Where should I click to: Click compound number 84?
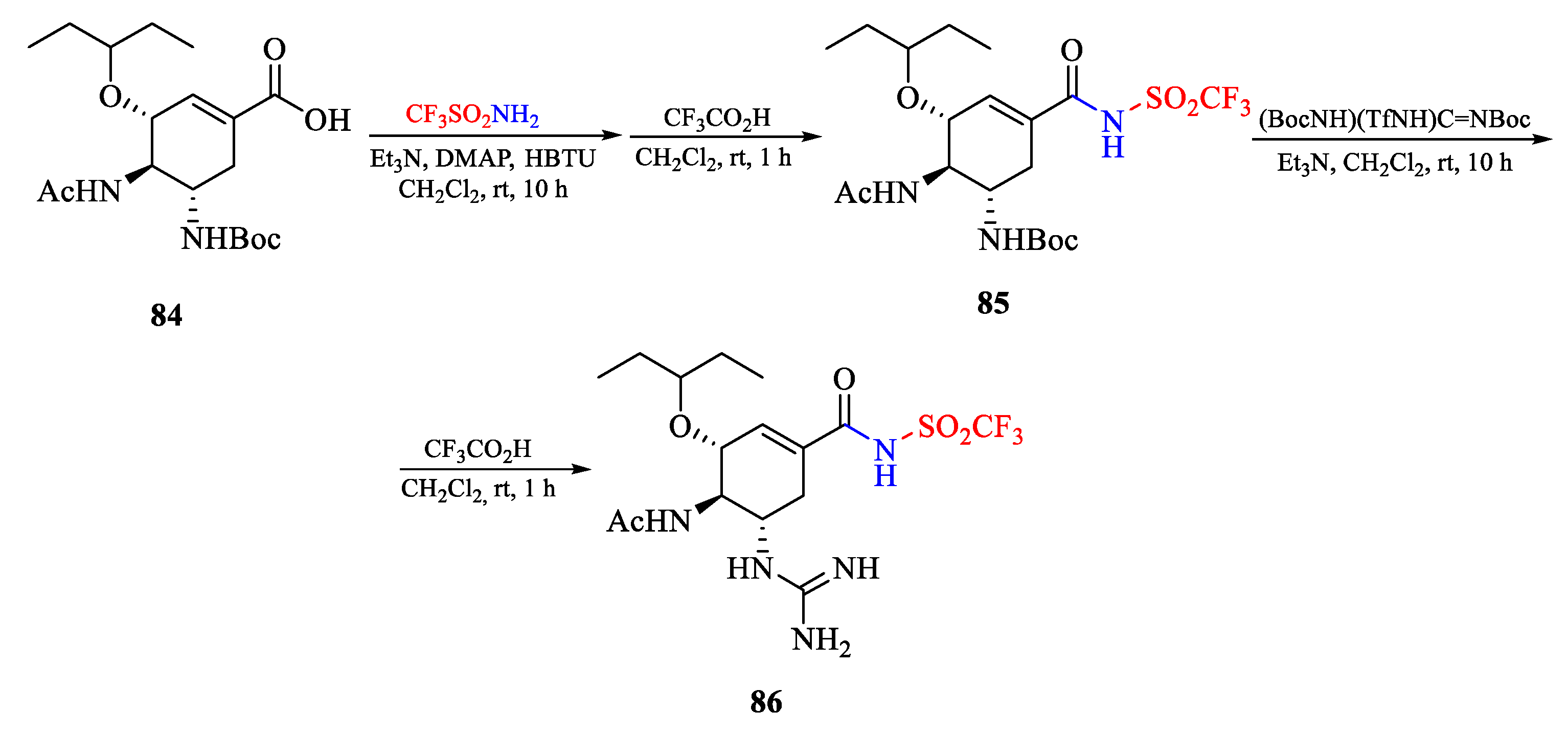coord(166,315)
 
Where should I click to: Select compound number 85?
coord(993,303)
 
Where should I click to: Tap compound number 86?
coord(766,702)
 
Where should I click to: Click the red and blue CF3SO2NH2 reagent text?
coord(472,114)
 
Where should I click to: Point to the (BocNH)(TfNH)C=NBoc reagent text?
coord(1394,119)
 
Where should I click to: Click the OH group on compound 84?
coord(328,120)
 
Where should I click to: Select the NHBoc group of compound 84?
coord(231,239)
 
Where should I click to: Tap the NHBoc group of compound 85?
coord(1028,240)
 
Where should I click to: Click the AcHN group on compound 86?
coord(649,521)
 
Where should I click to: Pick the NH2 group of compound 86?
coord(821,640)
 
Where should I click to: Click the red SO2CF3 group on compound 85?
coord(1197,100)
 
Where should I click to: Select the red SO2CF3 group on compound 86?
coord(970,428)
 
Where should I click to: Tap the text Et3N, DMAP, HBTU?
coord(482,158)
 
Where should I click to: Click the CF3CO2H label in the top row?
coord(717,118)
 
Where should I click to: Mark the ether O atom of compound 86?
coord(680,427)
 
